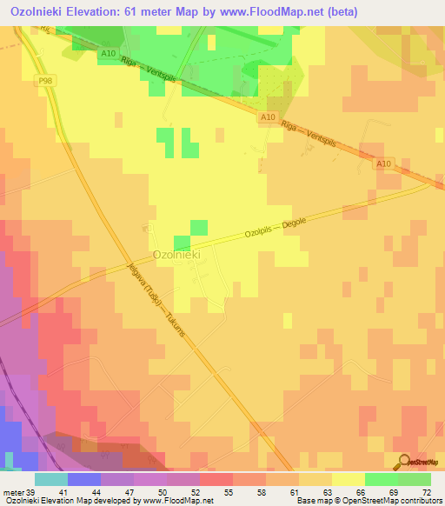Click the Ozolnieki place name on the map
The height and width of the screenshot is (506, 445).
click(x=177, y=255)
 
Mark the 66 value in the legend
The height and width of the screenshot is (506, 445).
click(x=349, y=491)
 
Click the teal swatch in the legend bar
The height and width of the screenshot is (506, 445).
click(x=51, y=479)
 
